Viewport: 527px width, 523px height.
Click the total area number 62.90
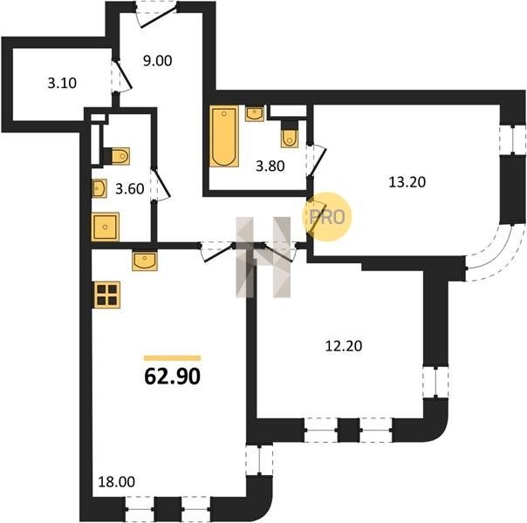173,376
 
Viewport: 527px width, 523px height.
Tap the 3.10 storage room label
62,83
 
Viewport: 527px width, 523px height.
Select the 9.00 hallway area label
157,61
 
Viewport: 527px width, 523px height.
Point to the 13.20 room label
407,182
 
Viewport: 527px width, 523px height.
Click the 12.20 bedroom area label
344,346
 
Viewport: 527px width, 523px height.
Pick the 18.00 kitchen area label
116,482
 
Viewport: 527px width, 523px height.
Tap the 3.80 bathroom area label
270,166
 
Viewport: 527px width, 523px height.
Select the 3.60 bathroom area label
130,189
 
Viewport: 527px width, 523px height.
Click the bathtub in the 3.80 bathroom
224,136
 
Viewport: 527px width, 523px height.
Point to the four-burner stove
107,295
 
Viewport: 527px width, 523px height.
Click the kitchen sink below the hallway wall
145,261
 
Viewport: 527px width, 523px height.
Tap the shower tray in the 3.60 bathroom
106,227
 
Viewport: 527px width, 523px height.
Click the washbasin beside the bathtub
255,113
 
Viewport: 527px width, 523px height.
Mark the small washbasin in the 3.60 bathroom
99,188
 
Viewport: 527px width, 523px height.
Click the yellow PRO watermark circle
327,216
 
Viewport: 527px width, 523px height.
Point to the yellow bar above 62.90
173,358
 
